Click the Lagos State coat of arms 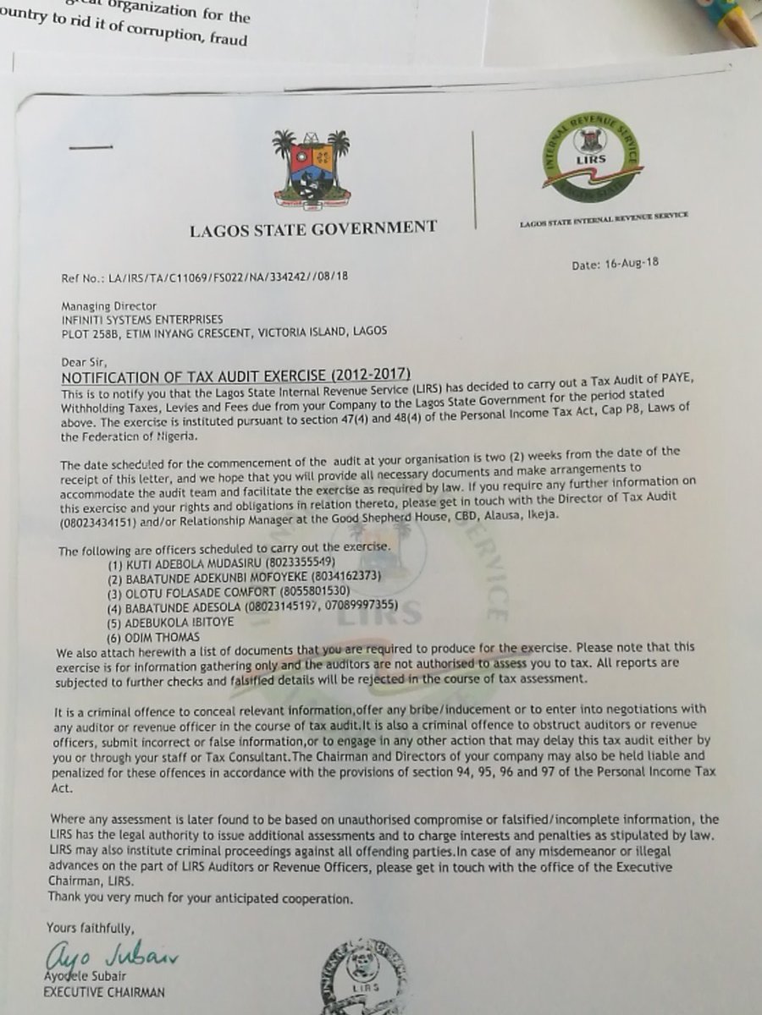tap(312, 169)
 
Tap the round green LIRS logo tap(592, 156)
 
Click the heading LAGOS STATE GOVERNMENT tap(313, 227)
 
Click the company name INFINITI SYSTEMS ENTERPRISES tap(142, 319)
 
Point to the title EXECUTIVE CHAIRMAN tap(104, 992)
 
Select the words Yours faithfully tap(91, 926)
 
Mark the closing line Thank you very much tap(200, 897)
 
